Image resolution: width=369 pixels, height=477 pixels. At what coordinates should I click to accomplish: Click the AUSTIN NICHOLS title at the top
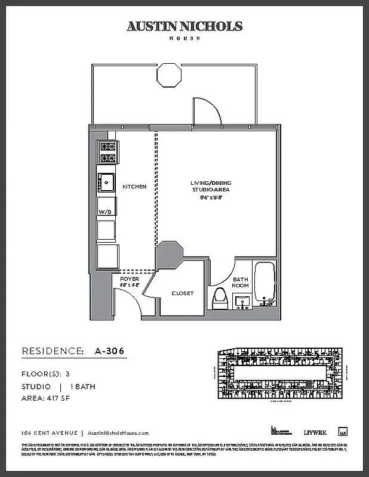coord(184,26)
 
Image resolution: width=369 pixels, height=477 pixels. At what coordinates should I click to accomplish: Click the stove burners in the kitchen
coord(107,153)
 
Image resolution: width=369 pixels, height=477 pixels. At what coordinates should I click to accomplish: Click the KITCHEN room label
coord(134,187)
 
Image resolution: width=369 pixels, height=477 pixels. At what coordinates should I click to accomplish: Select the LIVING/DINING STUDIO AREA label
coord(206,190)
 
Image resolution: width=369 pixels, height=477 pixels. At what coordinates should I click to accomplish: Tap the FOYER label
coord(129,279)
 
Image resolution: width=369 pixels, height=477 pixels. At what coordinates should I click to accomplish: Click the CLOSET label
coord(182,293)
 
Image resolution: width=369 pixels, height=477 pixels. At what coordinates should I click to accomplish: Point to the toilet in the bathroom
coord(219,298)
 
